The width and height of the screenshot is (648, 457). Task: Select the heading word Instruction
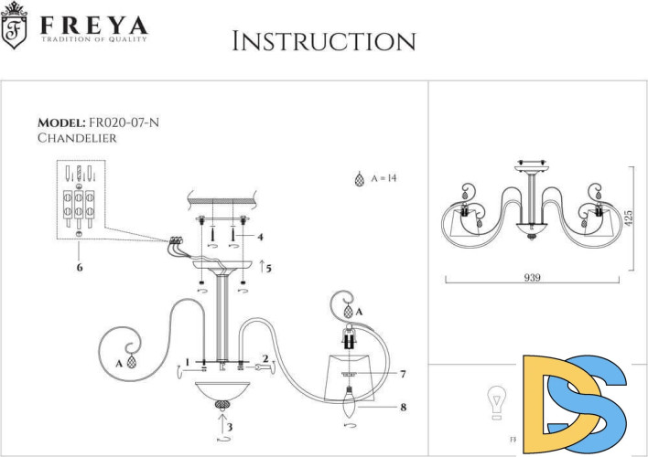[x=324, y=41]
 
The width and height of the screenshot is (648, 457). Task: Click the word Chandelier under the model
[x=77, y=138]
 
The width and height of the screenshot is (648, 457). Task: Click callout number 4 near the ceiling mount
[x=261, y=236]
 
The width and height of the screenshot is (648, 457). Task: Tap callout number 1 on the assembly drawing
[x=187, y=362]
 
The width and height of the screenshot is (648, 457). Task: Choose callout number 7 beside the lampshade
[x=402, y=374]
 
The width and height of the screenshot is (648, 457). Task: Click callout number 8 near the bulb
[x=402, y=407]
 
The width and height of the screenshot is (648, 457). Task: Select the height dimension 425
[x=630, y=218]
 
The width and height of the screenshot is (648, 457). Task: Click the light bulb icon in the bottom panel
[x=495, y=401]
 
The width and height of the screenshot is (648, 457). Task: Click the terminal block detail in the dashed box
[x=81, y=199]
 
